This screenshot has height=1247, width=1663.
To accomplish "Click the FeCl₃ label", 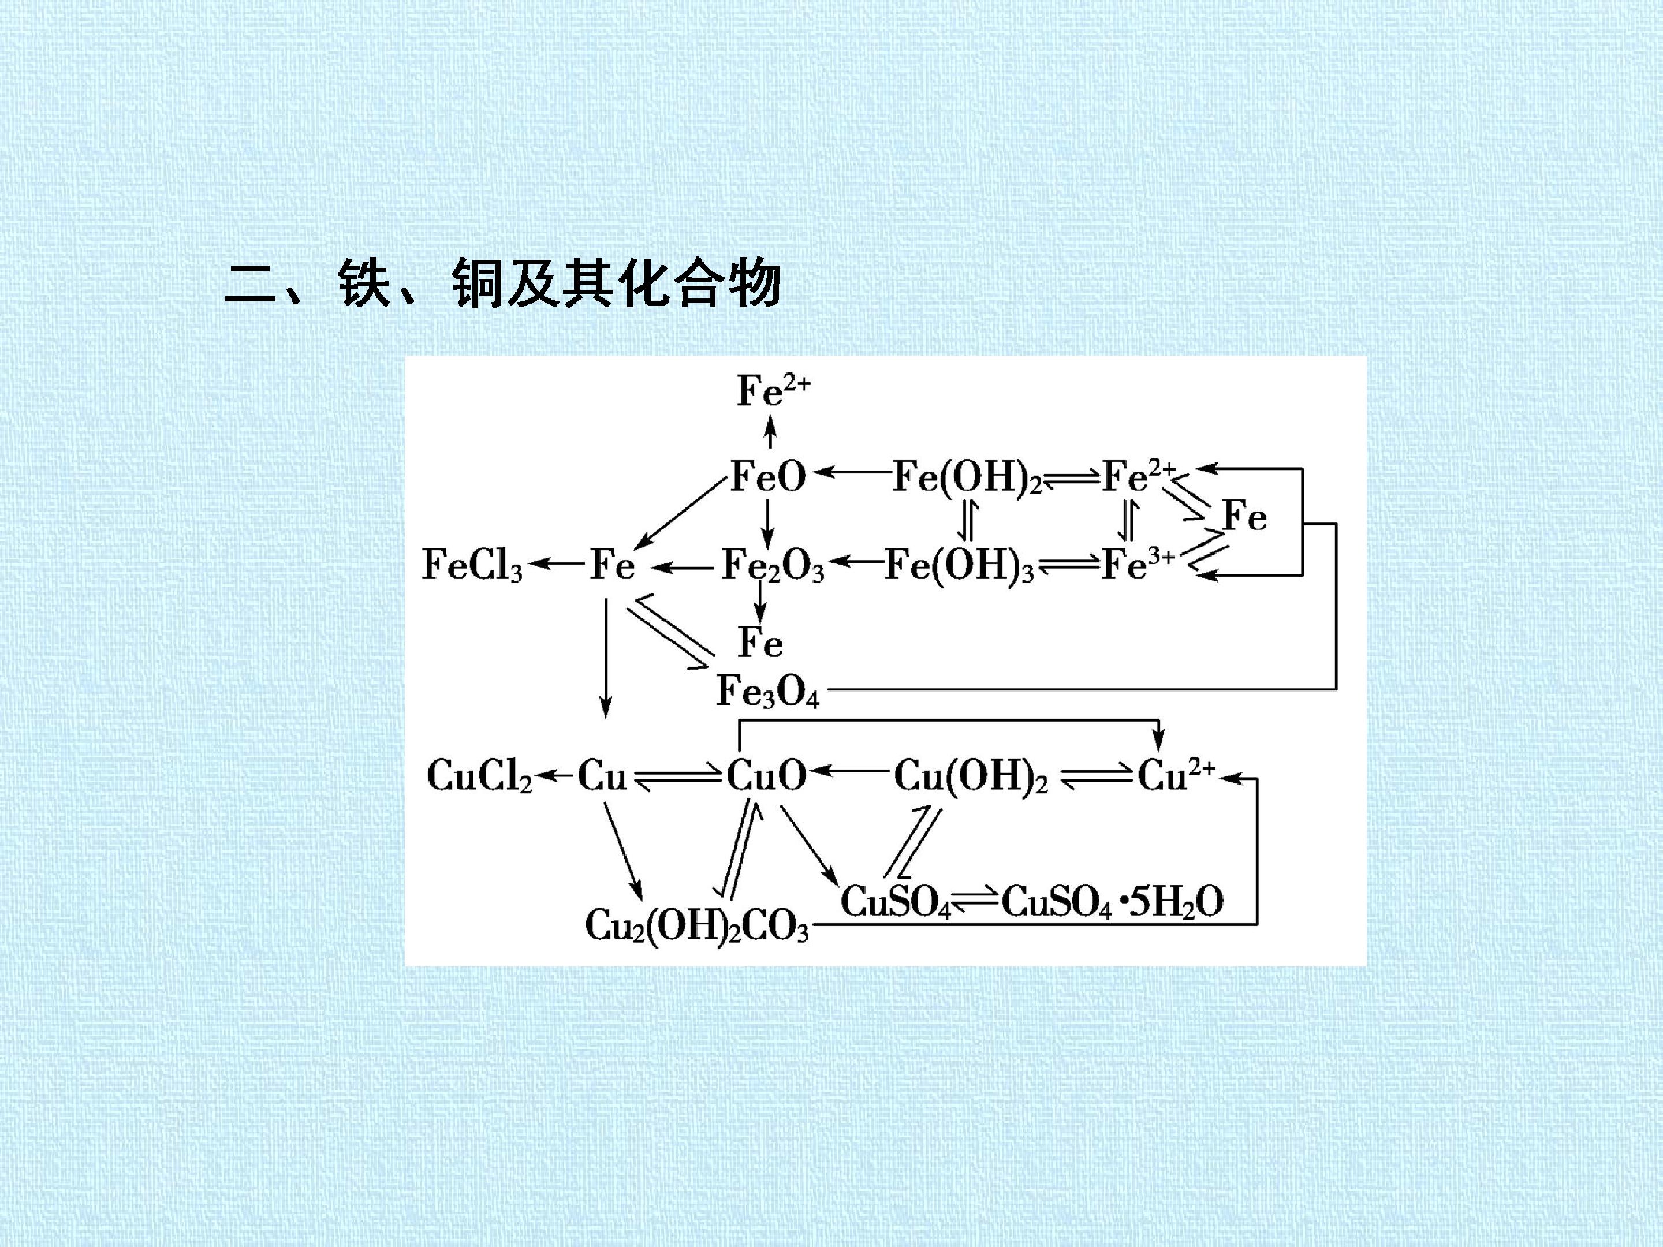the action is coord(472,565).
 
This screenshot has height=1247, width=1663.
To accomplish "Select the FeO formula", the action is coord(769,476).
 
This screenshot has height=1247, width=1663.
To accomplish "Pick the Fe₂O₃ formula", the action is coord(773,565).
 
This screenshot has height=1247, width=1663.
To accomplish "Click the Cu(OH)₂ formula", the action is coord(971,776).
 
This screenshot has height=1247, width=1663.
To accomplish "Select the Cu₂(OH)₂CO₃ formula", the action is coord(697,924).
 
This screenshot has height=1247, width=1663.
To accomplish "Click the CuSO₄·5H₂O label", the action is coord(1113,901).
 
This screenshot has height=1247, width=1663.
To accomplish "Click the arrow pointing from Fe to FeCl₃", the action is coord(556,563).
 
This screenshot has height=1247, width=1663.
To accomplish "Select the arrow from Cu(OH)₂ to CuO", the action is coord(849,771).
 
